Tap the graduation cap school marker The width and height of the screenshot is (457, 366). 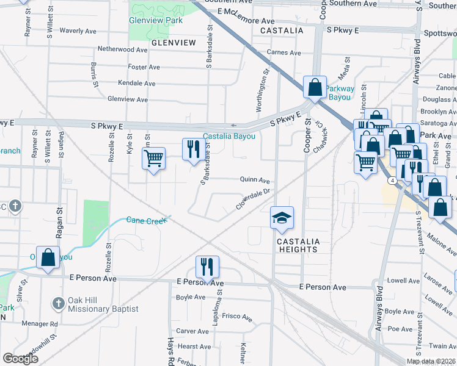[x=282, y=218]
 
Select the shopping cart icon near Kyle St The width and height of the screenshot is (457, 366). [x=153, y=159]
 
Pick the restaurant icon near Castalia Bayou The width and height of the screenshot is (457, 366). [x=194, y=149]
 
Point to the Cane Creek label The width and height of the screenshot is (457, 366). [x=147, y=220]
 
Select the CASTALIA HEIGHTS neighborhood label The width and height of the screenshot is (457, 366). [x=298, y=245]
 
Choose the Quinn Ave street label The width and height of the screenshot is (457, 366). [x=255, y=181]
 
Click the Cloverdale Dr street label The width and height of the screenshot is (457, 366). [x=253, y=199]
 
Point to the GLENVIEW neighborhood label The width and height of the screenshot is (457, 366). [x=174, y=43]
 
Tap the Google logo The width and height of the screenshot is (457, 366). [x=21, y=358]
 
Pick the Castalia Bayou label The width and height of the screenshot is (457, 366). [x=229, y=136]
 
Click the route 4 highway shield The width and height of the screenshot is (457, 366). [x=390, y=181]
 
